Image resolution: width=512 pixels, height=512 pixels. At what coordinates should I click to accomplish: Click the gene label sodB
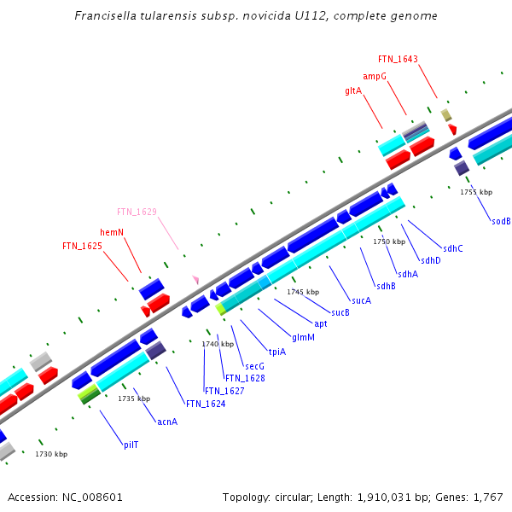click(x=501, y=221)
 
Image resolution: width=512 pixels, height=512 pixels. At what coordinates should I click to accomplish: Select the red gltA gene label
click(x=353, y=90)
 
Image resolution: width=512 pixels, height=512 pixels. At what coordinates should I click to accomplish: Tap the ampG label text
click(x=375, y=76)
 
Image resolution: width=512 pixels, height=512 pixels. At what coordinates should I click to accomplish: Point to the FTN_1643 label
click(x=398, y=59)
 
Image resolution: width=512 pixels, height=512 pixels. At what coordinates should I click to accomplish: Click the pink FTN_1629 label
click(x=137, y=212)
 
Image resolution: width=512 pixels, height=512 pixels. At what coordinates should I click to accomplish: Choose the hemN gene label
click(x=112, y=232)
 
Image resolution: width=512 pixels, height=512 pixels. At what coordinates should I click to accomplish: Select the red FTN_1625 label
click(x=82, y=246)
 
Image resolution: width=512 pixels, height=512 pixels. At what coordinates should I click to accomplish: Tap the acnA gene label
click(x=167, y=422)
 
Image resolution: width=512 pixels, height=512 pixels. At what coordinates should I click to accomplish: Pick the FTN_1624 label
click(x=205, y=404)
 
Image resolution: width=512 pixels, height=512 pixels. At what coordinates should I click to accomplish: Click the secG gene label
click(x=243, y=366)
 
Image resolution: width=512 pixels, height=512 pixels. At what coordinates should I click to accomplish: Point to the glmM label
click(x=303, y=337)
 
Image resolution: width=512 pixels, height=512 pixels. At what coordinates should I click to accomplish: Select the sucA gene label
click(x=361, y=300)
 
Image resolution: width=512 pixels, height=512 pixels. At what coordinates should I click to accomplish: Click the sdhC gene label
click(x=453, y=248)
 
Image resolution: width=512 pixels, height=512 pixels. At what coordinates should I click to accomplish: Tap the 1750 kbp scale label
click(x=388, y=241)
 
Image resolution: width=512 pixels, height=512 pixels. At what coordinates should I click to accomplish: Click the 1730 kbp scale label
click(x=51, y=454)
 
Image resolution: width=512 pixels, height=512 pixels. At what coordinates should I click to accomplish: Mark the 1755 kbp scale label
click(x=476, y=192)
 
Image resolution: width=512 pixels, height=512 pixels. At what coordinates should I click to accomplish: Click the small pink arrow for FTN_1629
click(x=195, y=279)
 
